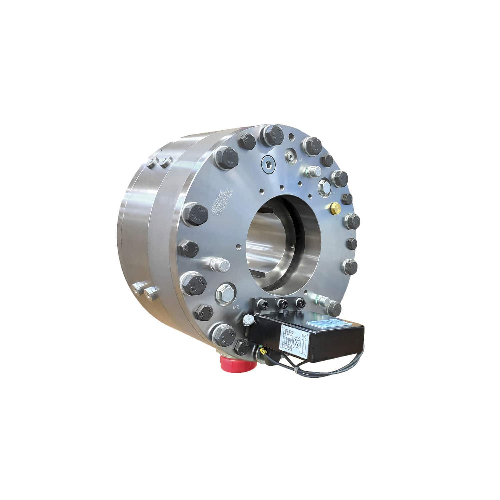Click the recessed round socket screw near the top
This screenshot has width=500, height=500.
click(x=268, y=163)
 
